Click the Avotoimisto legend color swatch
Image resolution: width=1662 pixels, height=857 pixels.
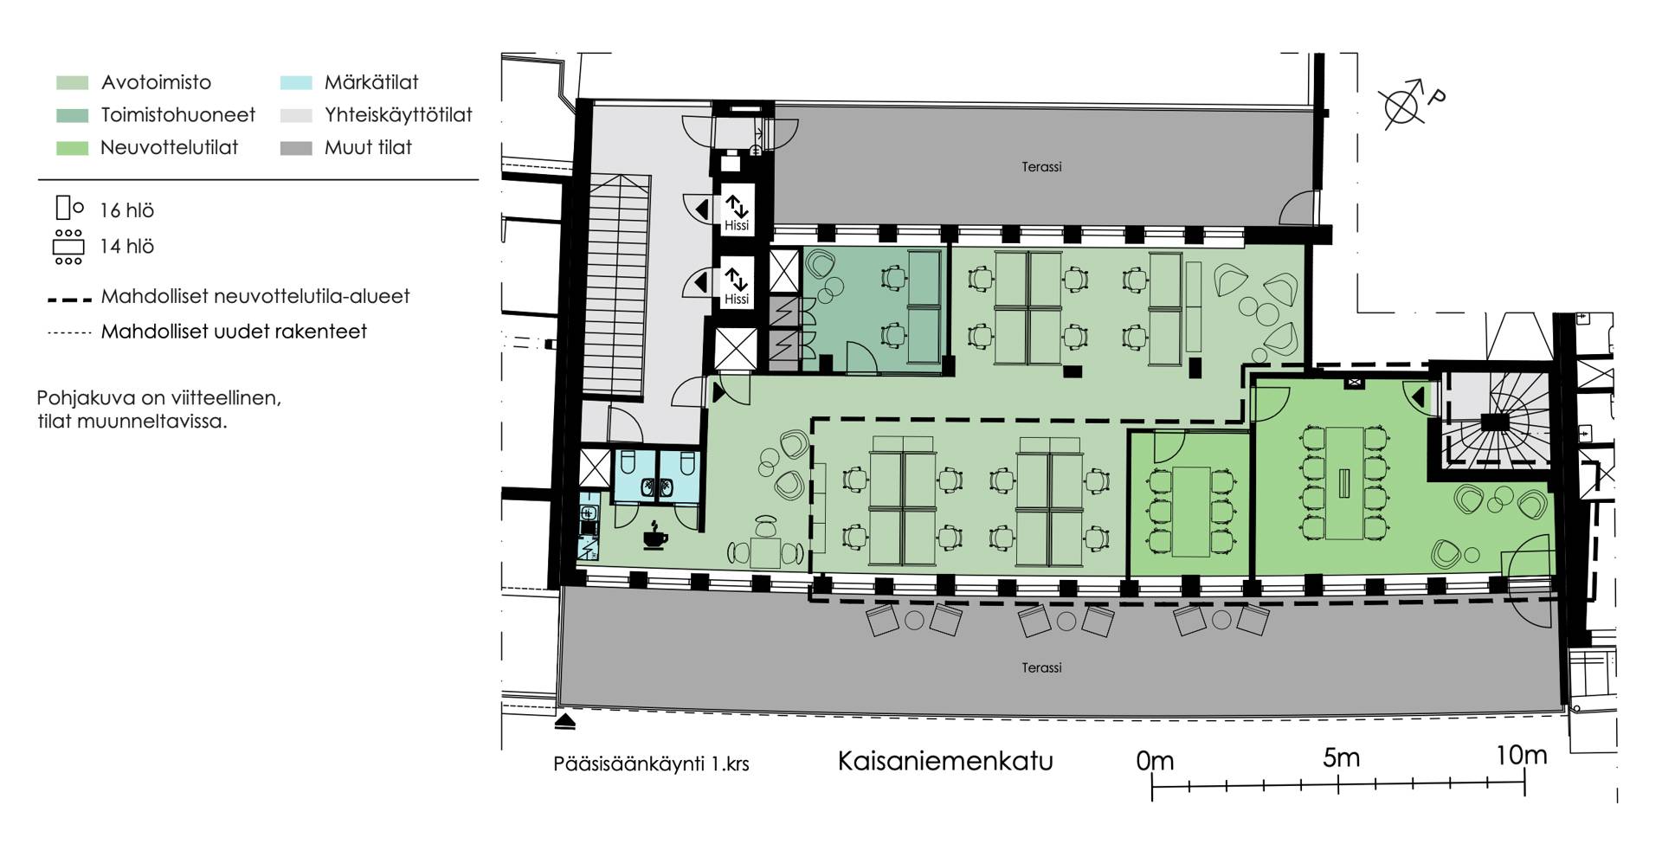coord(72,83)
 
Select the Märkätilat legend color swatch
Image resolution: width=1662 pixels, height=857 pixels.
coord(296,83)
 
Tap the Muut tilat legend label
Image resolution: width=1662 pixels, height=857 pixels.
coord(368,147)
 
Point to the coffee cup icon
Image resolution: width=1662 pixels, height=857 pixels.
coord(655,537)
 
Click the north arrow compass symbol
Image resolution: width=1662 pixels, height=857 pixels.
coord(1403,105)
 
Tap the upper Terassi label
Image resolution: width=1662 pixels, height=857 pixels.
coord(1041,167)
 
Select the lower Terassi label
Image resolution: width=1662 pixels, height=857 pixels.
coord(1041,667)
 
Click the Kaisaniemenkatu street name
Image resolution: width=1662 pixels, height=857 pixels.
coord(945,761)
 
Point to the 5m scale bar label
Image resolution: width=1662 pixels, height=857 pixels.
coord(1341,757)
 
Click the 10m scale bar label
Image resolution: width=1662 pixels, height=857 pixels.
coord(1522,756)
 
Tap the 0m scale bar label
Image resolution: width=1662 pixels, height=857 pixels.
coord(1155,761)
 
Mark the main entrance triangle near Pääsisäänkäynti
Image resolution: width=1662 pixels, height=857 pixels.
coord(566,718)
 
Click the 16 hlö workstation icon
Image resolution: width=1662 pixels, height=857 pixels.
coord(69,209)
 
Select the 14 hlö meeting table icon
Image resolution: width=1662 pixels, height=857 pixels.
coord(68,247)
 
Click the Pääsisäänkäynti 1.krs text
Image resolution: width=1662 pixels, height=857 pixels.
coord(651,764)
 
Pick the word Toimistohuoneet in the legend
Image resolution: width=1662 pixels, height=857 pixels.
coord(178,115)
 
